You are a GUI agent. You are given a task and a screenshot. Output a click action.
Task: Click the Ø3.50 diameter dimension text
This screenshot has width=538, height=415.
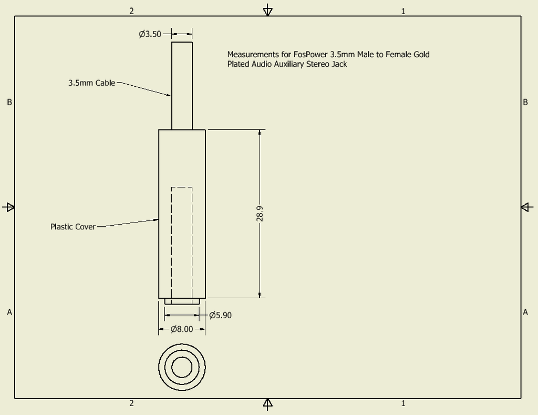150,34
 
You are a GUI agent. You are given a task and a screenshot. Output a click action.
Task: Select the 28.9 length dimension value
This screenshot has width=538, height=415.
260,214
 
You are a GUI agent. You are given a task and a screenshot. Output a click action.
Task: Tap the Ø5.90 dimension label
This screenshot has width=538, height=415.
220,316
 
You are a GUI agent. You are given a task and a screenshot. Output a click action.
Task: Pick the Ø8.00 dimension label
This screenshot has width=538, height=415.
182,329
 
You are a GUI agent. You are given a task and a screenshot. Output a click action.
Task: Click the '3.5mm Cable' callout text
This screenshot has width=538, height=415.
91,83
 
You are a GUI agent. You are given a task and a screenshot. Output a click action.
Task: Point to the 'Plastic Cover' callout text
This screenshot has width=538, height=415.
73,227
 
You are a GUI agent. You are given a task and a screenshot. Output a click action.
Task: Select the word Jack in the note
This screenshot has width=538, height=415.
339,64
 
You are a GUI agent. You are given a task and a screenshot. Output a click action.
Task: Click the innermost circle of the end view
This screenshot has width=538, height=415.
182,367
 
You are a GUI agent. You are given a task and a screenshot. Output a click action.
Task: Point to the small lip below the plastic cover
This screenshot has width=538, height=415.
182,301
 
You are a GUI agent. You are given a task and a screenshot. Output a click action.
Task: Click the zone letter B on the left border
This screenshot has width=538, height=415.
9,103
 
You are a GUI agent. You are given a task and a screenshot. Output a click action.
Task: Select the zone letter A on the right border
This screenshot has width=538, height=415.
525,312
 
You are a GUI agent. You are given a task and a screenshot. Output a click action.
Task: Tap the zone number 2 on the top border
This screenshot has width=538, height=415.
131,11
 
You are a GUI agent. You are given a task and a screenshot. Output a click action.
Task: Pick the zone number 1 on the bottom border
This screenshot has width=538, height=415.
403,403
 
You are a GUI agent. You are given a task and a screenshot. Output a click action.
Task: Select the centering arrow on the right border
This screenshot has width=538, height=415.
527,207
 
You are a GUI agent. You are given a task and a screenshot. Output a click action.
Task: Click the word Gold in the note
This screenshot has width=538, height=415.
421,54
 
